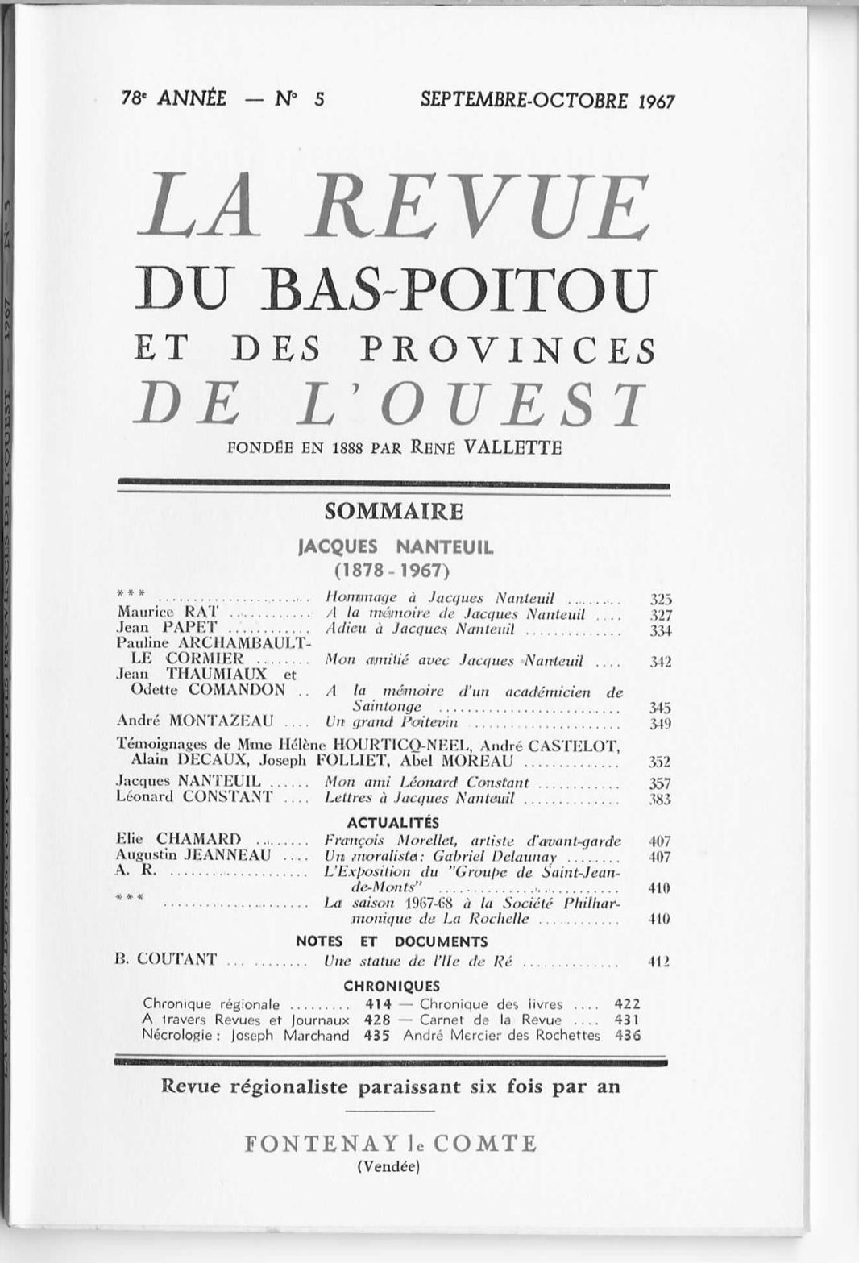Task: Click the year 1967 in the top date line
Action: tap(655, 101)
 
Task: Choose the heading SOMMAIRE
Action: tap(394, 511)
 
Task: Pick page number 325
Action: tap(661, 599)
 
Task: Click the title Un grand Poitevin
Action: tap(391, 721)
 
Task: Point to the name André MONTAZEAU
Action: tap(195, 721)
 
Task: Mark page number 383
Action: tap(661, 799)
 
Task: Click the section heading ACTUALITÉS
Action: tap(393, 822)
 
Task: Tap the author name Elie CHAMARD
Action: tap(179, 840)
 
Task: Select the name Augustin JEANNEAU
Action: tap(193, 855)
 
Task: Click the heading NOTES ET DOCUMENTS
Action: tap(392, 941)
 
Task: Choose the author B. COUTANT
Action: tap(167, 959)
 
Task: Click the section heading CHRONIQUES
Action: tap(392, 986)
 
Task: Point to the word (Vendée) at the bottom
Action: tap(388, 1165)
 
